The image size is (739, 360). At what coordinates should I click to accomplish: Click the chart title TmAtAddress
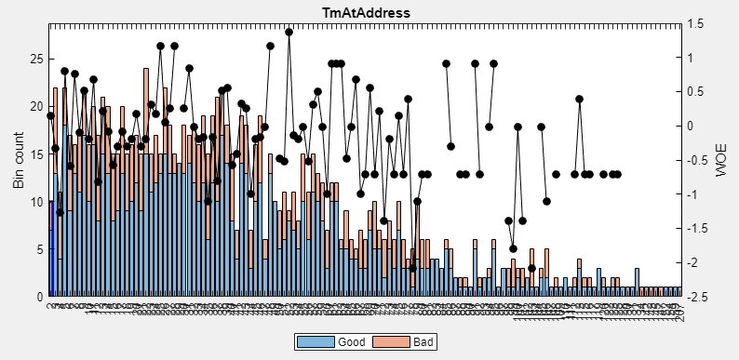tap(369, 12)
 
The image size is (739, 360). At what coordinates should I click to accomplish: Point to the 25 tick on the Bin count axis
tap(37, 59)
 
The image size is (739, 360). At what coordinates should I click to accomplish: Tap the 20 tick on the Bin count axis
tap(37, 106)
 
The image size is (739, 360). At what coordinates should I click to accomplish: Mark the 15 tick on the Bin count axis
tap(37, 153)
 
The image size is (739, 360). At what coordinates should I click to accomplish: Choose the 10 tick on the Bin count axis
tap(37, 202)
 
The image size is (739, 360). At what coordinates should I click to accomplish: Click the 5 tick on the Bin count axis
tap(40, 249)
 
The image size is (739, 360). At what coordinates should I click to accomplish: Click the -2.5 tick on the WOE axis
tap(697, 297)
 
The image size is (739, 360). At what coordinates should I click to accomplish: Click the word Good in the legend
tap(351, 342)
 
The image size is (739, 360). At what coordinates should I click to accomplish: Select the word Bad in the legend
tap(423, 342)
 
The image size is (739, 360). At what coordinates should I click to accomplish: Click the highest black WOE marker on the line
tap(289, 32)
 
